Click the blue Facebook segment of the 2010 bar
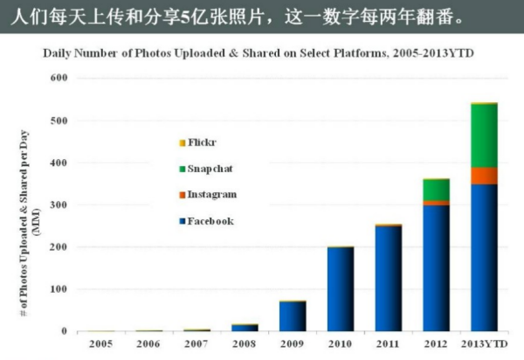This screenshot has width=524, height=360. (x=340, y=288)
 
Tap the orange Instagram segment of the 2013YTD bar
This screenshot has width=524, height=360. (x=483, y=176)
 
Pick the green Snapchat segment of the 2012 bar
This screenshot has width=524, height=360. (x=435, y=190)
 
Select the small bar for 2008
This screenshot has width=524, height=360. (x=245, y=327)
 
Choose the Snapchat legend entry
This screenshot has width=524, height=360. (x=208, y=168)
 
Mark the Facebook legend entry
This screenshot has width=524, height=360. (x=209, y=221)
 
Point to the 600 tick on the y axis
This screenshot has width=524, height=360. (x=58, y=78)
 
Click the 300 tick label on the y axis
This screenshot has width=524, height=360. (x=58, y=204)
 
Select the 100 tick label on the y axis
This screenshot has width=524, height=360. (x=58, y=289)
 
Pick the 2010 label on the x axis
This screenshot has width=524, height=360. (x=340, y=343)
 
